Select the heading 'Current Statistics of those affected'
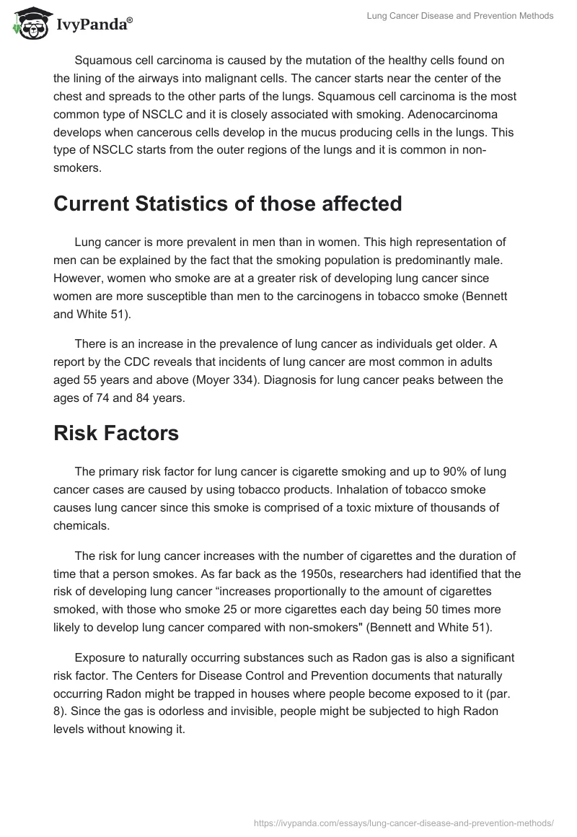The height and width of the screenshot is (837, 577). pyautogui.click(x=227, y=203)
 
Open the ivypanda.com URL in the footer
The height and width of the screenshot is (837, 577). pyautogui.click(x=404, y=822)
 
